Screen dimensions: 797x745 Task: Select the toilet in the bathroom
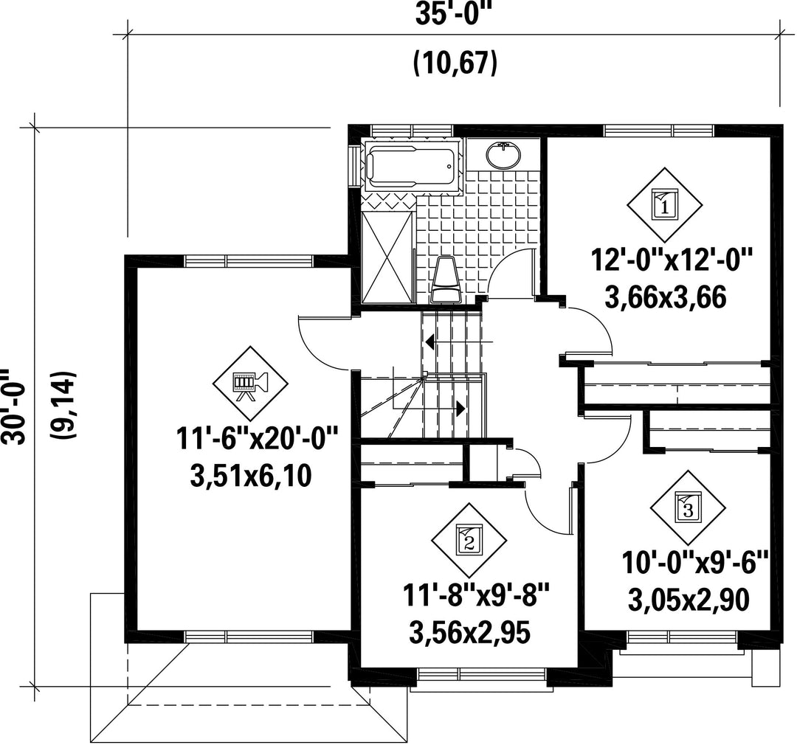[446, 279]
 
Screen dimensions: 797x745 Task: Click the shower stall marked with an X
[387, 257]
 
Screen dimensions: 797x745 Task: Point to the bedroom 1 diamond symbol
[664, 205]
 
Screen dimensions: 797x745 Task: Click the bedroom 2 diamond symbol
[469, 541]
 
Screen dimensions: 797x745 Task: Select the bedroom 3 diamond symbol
[689, 508]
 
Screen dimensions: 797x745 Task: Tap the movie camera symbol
[249, 384]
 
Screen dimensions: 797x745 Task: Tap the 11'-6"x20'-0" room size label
[257, 439]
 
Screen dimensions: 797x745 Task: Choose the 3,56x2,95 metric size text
[469, 633]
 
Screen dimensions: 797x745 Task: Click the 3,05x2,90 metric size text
[689, 601]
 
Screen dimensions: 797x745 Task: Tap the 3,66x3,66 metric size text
[666, 298]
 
